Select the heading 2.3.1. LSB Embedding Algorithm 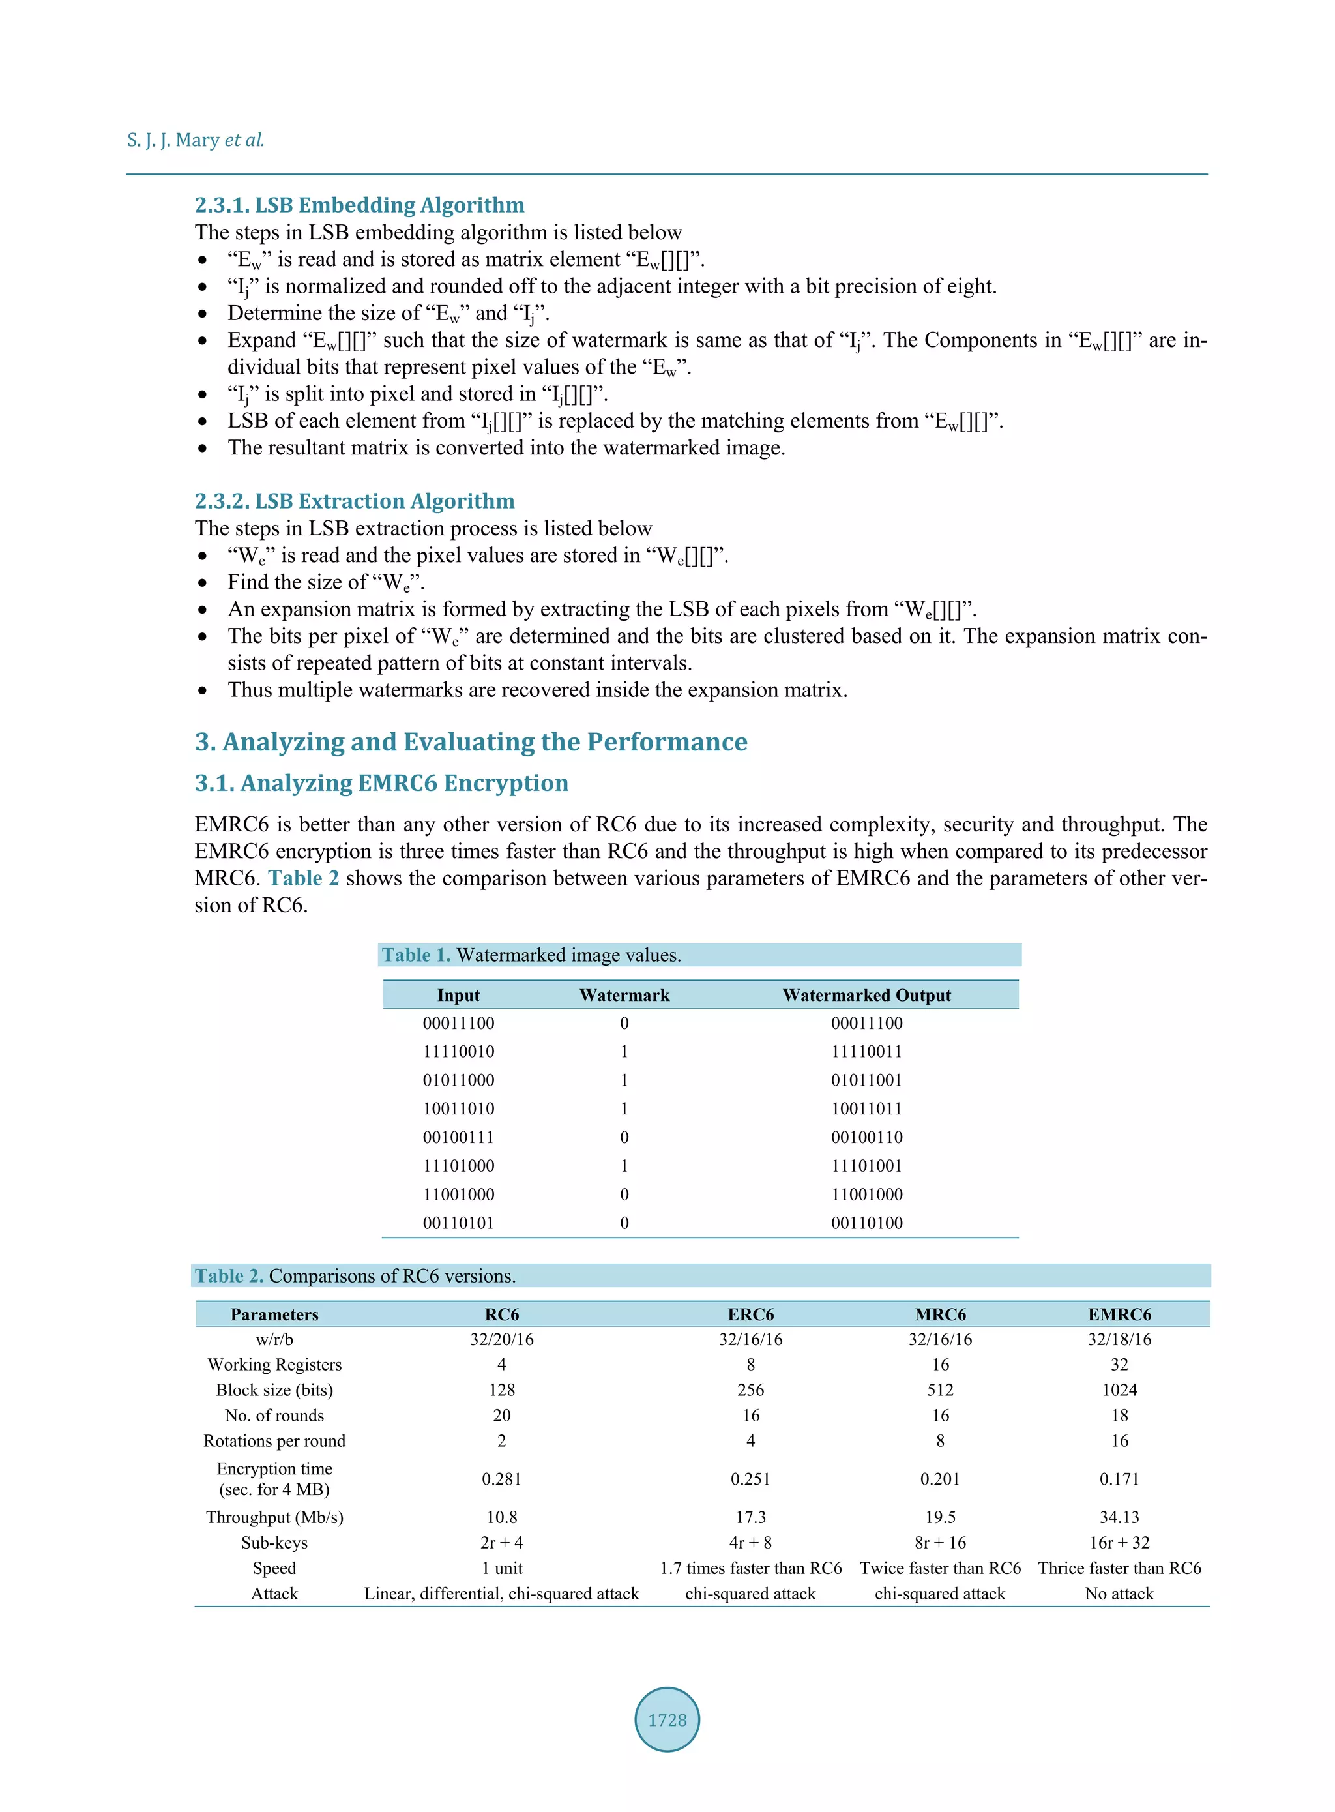click(x=360, y=205)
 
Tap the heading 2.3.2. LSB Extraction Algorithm click(x=355, y=501)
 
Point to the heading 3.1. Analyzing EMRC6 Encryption click(x=381, y=782)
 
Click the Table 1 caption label click(x=415, y=955)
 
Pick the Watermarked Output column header click(x=866, y=995)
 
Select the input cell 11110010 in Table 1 click(x=458, y=1052)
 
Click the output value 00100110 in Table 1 click(x=866, y=1137)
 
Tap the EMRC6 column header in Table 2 click(x=1119, y=1314)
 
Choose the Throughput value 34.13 click(x=1119, y=1517)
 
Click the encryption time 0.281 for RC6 click(x=502, y=1479)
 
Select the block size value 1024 click(x=1119, y=1390)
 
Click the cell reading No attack click(x=1119, y=1594)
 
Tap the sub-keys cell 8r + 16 click(x=940, y=1543)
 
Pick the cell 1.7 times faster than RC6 click(x=751, y=1568)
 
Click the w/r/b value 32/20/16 click(x=502, y=1339)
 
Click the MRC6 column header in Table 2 click(x=940, y=1314)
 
